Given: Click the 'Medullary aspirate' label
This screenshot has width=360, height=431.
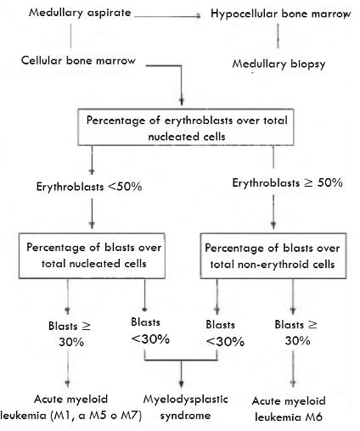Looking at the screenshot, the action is point(80,13).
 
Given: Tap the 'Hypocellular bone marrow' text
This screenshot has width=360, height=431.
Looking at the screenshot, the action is point(281,14).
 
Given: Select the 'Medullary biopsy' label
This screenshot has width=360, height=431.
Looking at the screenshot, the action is point(278,64).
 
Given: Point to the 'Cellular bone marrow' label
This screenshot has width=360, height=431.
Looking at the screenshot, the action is point(78,60).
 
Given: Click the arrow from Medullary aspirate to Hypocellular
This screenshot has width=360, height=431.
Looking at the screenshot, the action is point(167,16).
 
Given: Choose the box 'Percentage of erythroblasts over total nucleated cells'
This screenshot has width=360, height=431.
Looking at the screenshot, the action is point(186,127).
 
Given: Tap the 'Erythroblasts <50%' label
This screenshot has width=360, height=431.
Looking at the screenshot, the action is point(89,187).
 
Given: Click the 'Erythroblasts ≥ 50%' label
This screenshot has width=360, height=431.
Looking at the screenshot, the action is point(287,182).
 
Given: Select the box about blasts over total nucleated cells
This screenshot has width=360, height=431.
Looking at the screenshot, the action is point(92,255).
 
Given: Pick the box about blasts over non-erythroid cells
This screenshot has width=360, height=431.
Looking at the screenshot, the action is point(273,256).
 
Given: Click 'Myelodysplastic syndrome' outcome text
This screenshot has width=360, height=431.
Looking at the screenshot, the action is point(186,407).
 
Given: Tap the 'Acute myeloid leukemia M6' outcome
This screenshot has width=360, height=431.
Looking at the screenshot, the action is point(289,409).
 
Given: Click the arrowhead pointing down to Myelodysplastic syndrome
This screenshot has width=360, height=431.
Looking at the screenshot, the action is point(182,383).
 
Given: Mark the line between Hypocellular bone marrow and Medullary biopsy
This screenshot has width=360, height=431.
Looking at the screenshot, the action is point(278,36).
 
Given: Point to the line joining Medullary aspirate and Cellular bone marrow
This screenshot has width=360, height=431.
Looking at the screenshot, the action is point(70,36).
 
